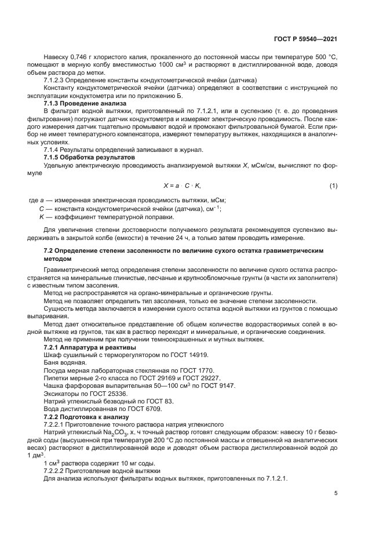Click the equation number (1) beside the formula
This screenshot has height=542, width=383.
coord(333,185)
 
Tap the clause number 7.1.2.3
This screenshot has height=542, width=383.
coord(56,80)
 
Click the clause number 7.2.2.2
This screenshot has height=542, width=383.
coord(56,471)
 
